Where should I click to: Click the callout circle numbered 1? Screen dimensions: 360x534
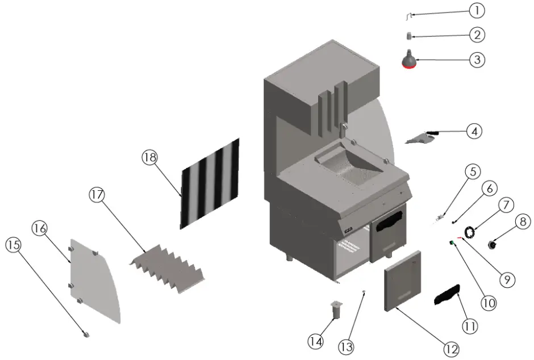(477, 10)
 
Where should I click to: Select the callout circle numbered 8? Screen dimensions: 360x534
(523, 222)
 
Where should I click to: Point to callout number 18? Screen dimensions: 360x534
(149, 158)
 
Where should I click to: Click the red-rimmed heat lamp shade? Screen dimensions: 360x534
(408, 60)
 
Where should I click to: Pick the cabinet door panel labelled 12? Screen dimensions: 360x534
(404, 280)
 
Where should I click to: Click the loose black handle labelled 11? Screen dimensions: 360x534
(448, 294)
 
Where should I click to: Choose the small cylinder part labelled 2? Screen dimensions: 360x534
(408, 36)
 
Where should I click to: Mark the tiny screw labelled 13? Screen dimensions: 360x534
(364, 293)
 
